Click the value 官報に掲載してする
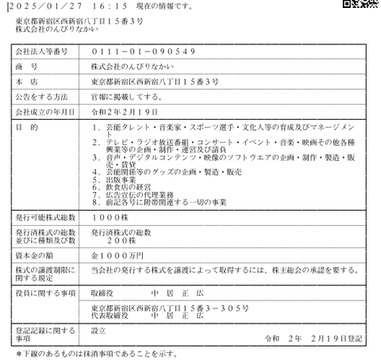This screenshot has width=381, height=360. (x=128, y=97)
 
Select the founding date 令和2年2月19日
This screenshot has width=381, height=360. (x=125, y=112)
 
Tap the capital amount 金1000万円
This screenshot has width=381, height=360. (x=117, y=255)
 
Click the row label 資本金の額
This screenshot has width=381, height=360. (x=37, y=255)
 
